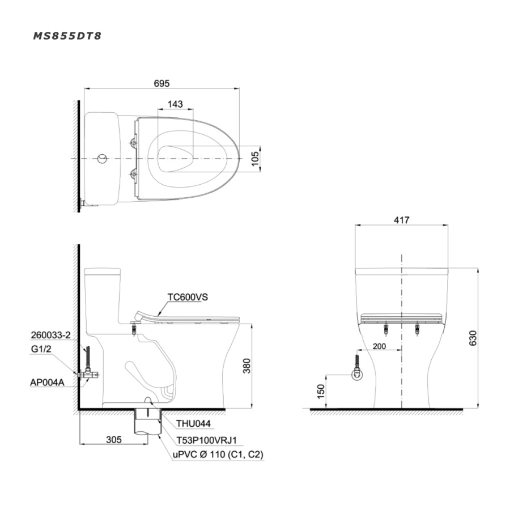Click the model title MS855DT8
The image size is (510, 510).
[x=67, y=36]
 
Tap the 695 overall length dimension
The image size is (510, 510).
[x=161, y=84]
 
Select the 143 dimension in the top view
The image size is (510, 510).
[x=175, y=104]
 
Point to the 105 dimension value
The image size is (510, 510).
[x=256, y=159]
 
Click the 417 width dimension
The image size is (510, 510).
[x=401, y=220]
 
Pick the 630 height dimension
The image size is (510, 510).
[x=473, y=338]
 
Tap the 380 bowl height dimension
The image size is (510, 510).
[x=247, y=365]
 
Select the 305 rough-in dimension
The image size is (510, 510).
[x=114, y=440]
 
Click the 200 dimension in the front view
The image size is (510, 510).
[x=379, y=346]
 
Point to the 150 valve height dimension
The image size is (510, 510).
[x=321, y=391]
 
